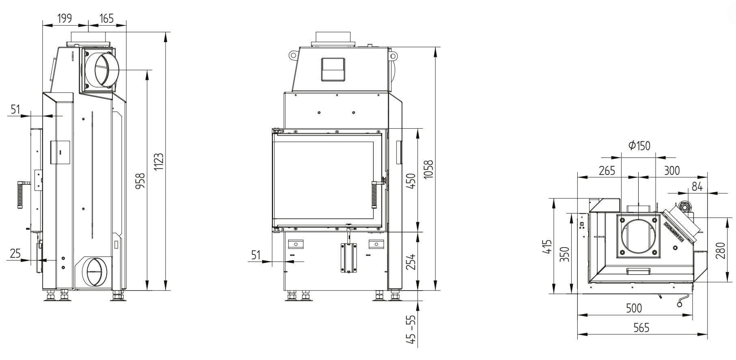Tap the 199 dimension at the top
[x=64, y=18]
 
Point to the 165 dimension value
[x=106, y=18]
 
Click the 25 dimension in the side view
[x=15, y=254]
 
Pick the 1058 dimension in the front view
[x=428, y=169]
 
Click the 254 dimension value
[x=411, y=262]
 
